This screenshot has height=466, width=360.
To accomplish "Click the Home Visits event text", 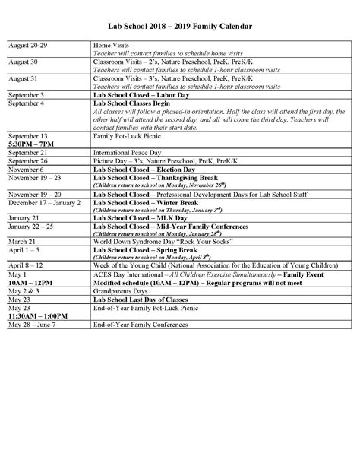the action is (112, 47).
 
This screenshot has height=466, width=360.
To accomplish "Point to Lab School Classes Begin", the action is (134, 103).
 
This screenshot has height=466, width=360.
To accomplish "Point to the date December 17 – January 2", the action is (44, 204).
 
